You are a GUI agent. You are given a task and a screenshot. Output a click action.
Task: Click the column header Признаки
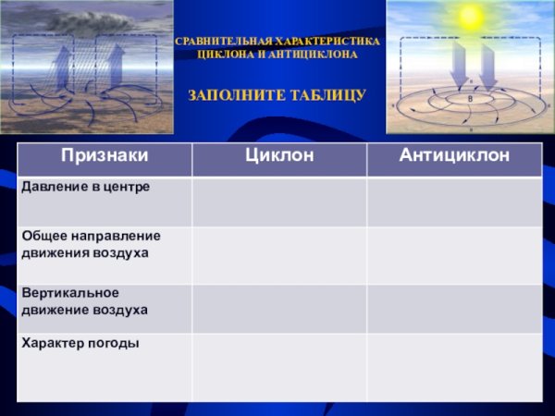[x=105, y=155]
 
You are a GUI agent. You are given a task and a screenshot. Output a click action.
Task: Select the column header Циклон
[x=278, y=155]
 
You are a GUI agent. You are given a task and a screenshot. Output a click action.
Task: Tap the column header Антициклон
[x=454, y=155]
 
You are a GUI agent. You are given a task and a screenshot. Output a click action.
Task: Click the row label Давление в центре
[x=85, y=187]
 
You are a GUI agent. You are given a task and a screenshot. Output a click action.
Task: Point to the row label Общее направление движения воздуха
[x=91, y=244]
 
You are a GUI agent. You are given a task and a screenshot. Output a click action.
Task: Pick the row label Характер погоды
[x=80, y=343]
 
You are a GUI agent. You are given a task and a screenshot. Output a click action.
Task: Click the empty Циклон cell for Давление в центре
[x=278, y=201]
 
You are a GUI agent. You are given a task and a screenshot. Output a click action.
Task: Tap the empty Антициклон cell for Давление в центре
[x=454, y=201]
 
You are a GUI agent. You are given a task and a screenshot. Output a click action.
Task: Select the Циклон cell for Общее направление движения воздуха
[x=278, y=255]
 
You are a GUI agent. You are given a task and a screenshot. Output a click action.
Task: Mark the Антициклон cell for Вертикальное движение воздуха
[x=454, y=309]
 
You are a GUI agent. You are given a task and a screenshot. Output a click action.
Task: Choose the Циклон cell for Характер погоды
[x=278, y=367]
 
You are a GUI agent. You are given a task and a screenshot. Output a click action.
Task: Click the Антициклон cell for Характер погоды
[x=454, y=367]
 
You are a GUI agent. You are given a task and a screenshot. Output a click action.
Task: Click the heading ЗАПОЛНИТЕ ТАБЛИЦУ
[x=277, y=95]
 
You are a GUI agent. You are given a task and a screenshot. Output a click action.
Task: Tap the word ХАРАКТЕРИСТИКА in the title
[x=327, y=43]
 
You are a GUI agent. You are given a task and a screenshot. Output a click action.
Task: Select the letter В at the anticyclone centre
[x=470, y=97]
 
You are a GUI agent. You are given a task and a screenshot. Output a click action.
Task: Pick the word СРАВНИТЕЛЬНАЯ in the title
[x=224, y=43]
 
